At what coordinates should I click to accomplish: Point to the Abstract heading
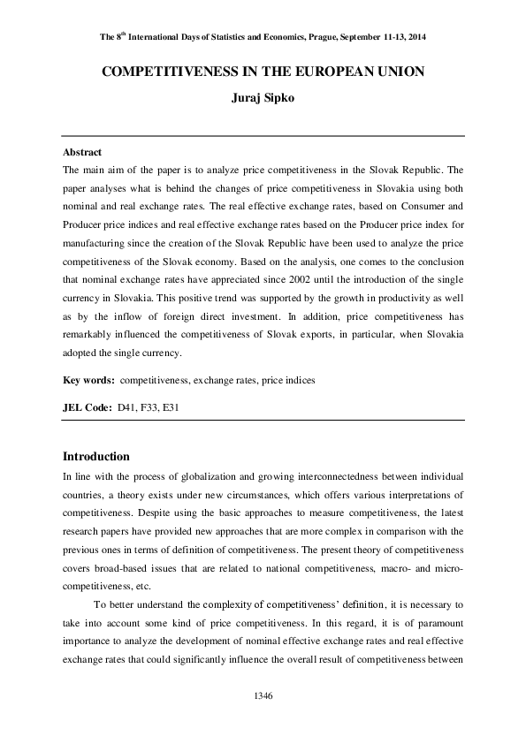pyautogui.click(x=82, y=152)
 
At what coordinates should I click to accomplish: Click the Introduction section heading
pyautogui.click(x=96, y=457)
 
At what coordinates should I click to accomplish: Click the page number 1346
pyautogui.click(x=263, y=697)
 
